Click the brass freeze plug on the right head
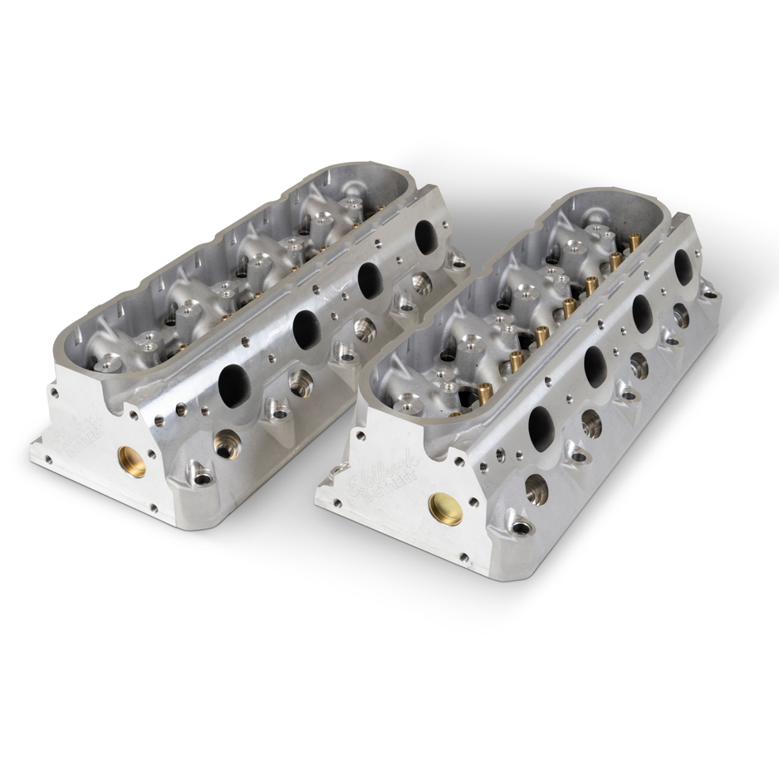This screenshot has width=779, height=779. coord(445,507)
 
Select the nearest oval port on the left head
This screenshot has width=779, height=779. coord(232,382)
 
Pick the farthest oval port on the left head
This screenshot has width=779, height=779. coord(424,237)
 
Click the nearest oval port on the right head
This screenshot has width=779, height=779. coord(541,428)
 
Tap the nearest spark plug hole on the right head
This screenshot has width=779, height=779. coord(536,490)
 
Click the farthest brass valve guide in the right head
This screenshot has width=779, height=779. coord(635,242)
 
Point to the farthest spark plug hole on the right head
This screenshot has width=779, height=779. coord(680,316)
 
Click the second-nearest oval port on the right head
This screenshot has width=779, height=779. coord(596,365)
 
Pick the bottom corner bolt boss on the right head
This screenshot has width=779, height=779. coord(522,527)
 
